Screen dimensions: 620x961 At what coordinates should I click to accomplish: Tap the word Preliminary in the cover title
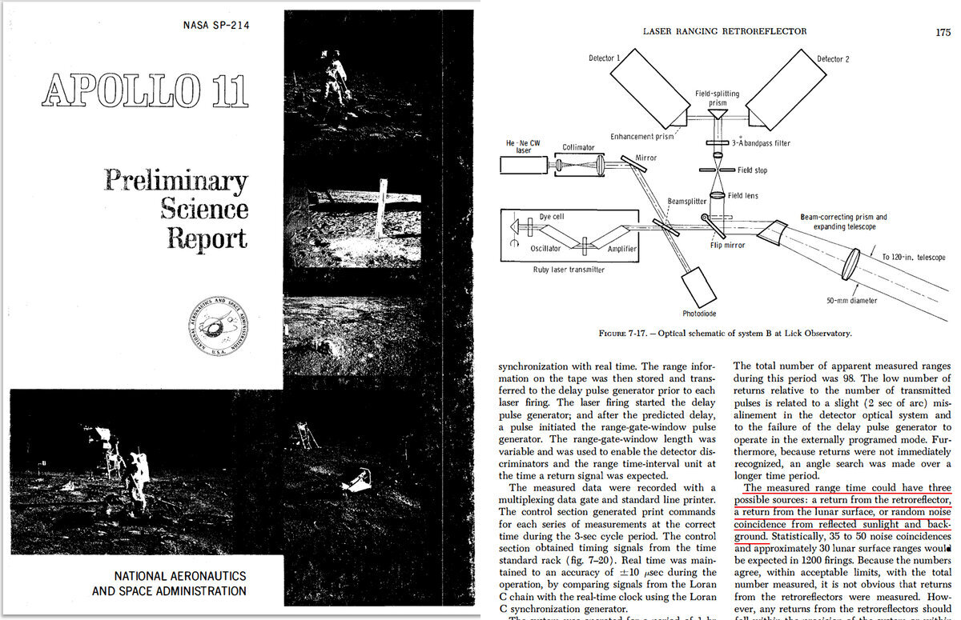[x=175, y=181]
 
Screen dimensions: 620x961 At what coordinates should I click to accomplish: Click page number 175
[x=942, y=32]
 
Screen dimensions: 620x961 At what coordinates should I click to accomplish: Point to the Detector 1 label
[x=606, y=58]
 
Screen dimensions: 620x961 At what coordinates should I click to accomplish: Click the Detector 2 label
[x=833, y=58]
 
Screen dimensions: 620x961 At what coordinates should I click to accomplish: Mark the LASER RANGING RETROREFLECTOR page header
[x=726, y=31]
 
